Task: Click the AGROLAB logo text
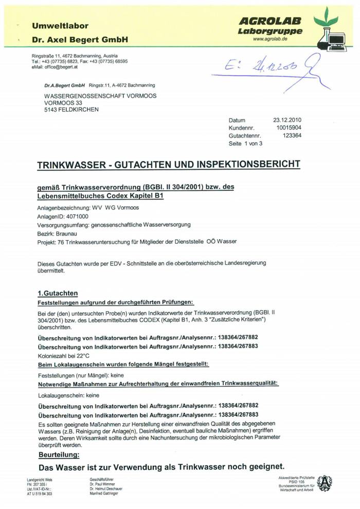click(270, 21)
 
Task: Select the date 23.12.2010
click(287, 120)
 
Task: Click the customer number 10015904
click(289, 128)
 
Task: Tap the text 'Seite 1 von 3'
click(245, 143)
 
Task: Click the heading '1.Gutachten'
click(58, 293)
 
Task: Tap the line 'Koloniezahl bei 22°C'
click(64, 355)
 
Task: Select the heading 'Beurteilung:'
click(59, 455)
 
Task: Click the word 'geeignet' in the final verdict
click(261, 467)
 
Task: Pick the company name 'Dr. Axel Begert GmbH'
click(80, 40)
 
